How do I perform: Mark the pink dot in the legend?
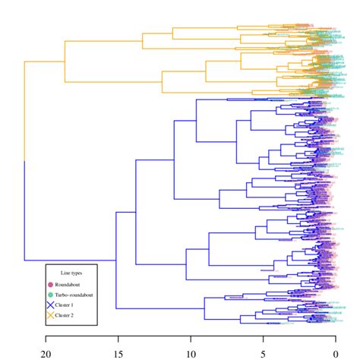(51, 284)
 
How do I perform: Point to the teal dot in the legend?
(51, 294)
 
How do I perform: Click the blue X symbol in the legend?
(51, 304)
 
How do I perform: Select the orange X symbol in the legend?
(51, 314)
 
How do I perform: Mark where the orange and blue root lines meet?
(24, 161)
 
